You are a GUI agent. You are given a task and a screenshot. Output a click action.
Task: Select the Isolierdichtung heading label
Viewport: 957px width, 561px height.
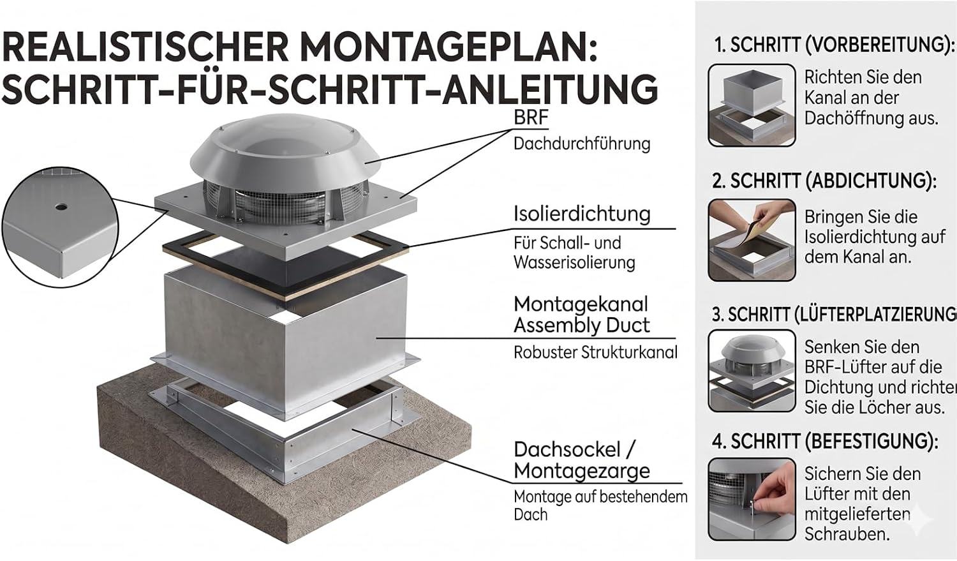click(x=582, y=214)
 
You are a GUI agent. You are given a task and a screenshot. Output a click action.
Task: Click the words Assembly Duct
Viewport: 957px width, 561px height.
click(x=581, y=325)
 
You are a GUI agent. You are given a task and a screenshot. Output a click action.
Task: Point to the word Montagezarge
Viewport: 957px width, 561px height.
click(x=582, y=471)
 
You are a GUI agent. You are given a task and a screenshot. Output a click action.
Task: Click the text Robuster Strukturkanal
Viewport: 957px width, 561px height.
click(x=595, y=352)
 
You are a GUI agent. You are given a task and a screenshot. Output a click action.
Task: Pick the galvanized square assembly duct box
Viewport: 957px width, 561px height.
click(x=285, y=338)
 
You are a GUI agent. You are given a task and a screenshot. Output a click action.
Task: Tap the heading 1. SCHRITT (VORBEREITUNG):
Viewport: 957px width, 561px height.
click(x=835, y=45)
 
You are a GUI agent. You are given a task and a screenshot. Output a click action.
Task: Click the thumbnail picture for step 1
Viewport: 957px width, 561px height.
click(x=752, y=105)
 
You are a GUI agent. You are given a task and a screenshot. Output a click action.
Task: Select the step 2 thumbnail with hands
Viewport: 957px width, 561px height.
click(x=752, y=240)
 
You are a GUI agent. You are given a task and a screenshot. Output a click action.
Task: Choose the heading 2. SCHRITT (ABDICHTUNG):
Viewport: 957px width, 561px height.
click(x=824, y=181)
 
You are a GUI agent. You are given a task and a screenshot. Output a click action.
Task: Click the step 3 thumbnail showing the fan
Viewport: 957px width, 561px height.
click(x=752, y=371)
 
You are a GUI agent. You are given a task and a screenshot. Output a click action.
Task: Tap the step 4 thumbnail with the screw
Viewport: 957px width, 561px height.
click(x=752, y=500)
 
